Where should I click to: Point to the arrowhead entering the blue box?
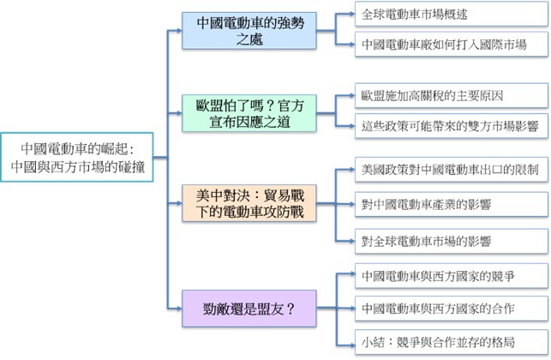178,31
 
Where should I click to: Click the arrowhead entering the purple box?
178,305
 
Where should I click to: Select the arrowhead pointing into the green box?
178,113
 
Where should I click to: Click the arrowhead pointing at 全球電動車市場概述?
350,15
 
